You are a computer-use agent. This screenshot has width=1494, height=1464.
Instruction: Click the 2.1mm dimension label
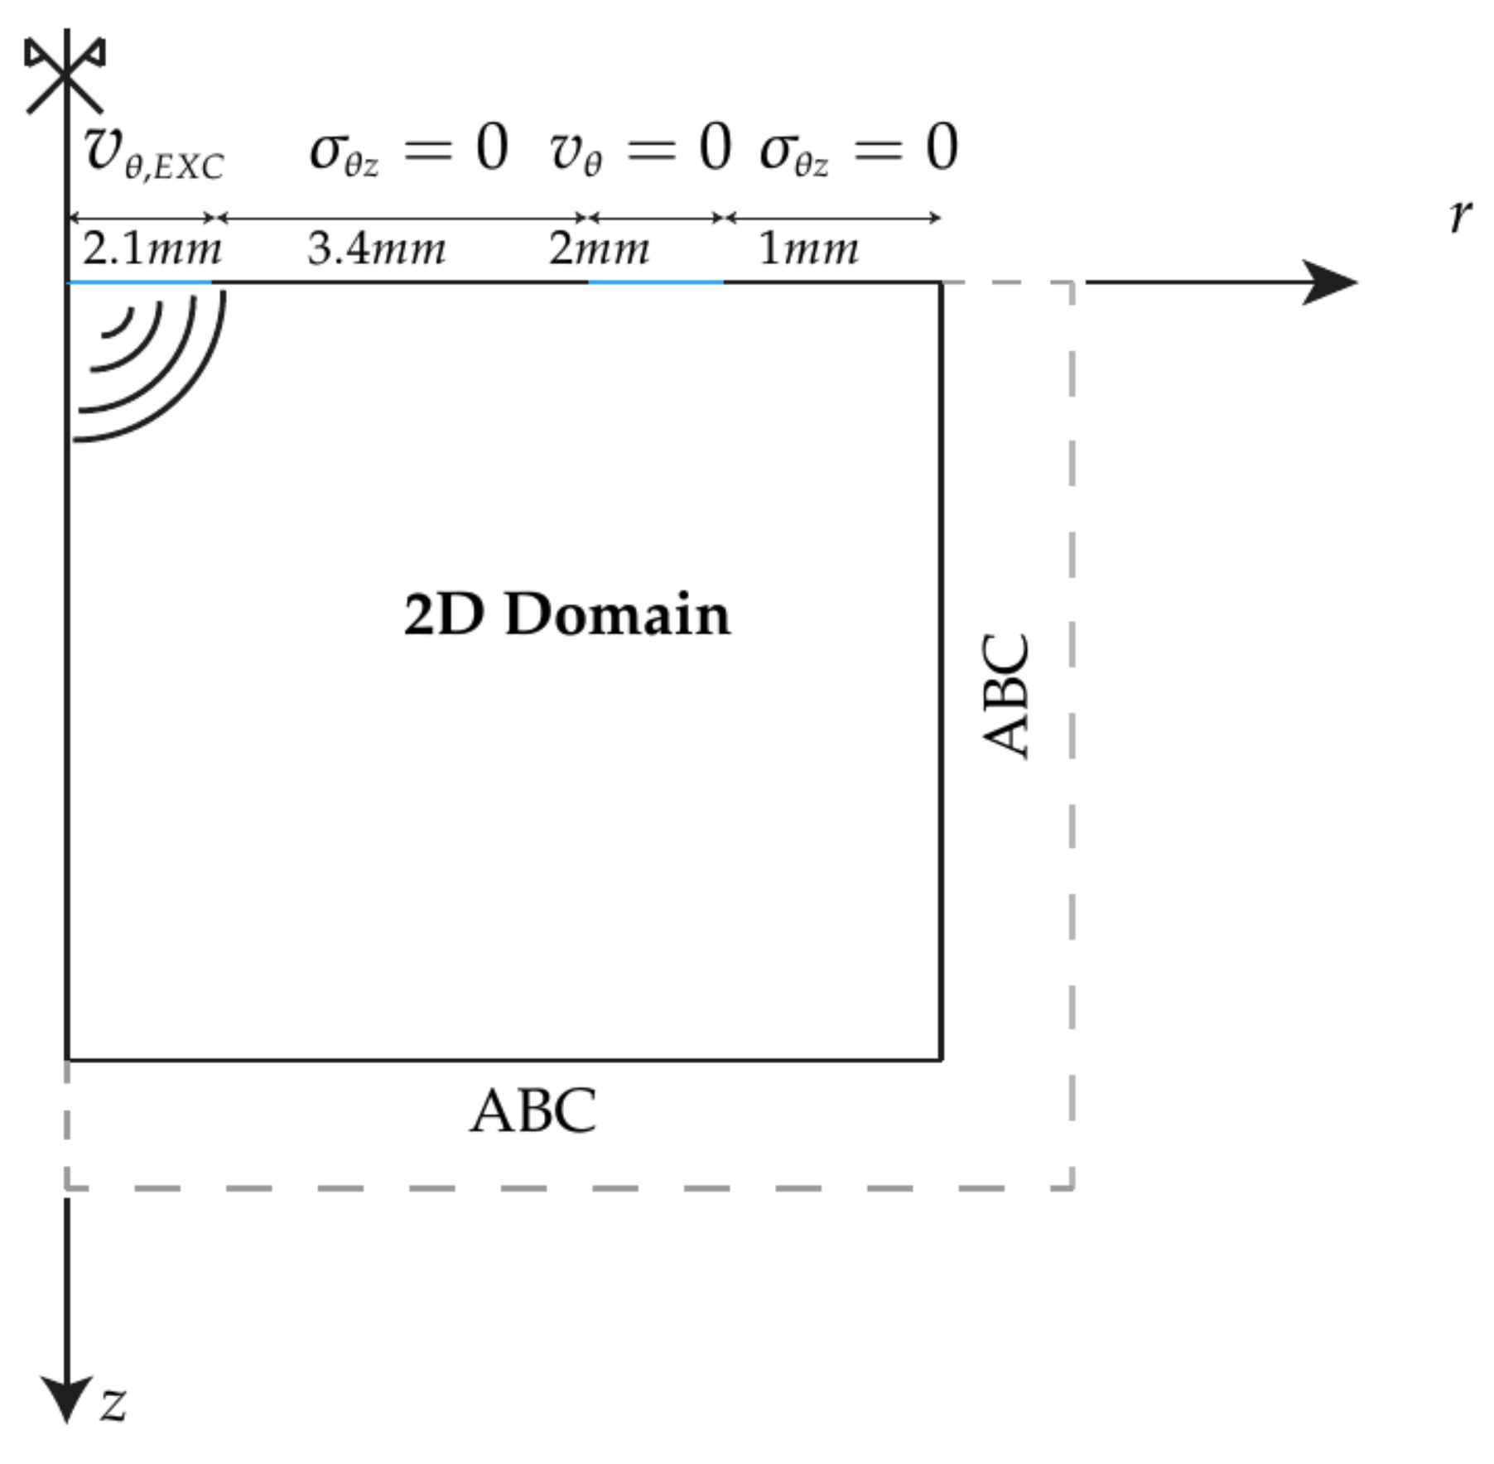coord(152,248)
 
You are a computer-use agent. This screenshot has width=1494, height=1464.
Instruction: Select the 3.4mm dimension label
coord(377,248)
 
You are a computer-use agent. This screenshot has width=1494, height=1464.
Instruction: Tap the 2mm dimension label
coord(599,248)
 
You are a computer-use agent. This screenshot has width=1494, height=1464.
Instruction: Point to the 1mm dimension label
coord(808,248)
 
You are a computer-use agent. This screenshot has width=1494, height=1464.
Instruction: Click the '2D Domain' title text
coord(566,614)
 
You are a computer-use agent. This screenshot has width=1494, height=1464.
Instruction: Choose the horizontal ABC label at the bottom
coord(533,1111)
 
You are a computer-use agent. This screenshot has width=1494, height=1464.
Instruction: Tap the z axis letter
coord(113,1403)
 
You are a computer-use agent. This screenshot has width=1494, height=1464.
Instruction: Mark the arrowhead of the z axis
coord(66,1400)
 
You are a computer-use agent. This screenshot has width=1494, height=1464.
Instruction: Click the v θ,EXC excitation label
coord(153,154)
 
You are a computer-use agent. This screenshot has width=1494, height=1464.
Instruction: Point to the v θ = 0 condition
coord(639,150)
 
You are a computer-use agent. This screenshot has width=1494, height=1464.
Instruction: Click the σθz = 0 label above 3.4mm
coord(408,150)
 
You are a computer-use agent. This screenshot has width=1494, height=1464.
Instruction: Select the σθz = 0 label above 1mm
coord(859,150)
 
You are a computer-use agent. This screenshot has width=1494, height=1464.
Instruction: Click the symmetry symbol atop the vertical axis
coord(65,73)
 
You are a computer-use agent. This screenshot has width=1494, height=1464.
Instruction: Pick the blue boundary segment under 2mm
coord(655,282)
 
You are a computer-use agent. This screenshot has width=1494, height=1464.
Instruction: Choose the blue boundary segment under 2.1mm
coord(139,282)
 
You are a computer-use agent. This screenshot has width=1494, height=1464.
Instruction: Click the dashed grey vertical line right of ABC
coord(1072,729)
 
